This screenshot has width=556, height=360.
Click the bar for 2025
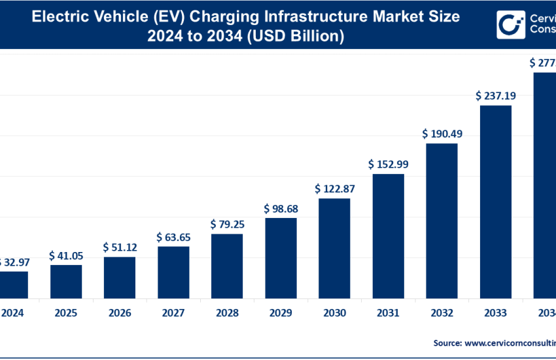coord(66,281)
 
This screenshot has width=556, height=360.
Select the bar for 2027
coord(173,272)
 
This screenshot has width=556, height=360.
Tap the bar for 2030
coord(334,248)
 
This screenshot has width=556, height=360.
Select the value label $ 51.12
coord(120,247)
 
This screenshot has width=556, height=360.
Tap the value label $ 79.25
coord(227,225)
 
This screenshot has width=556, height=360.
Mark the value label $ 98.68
coord(281,209)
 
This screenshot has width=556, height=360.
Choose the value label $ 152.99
coord(388,164)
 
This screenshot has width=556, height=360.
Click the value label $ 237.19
coord(496,96)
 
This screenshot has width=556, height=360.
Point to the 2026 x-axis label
coord(120,313)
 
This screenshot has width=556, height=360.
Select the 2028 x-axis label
coord(227,313)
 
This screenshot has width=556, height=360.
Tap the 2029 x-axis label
coord(281,313)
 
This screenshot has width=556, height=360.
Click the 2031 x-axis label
coord(388,313)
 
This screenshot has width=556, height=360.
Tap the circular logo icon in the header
coord(510,25)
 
